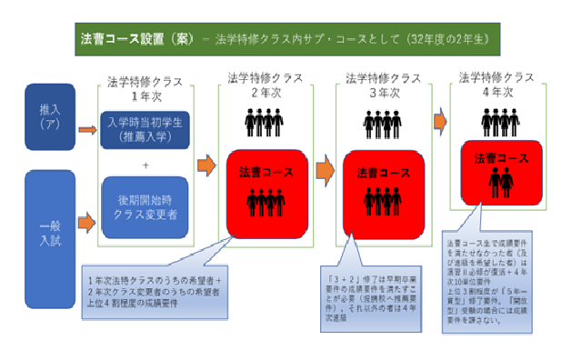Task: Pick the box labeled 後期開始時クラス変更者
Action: pos(146,207)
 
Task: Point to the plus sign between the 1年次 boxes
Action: pos(146,165)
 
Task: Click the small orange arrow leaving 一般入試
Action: pos(88,219)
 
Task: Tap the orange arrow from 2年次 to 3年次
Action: pos(325,168)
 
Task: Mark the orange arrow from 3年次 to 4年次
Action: pos(441,120)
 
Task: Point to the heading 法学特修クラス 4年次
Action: pos(495,83)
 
